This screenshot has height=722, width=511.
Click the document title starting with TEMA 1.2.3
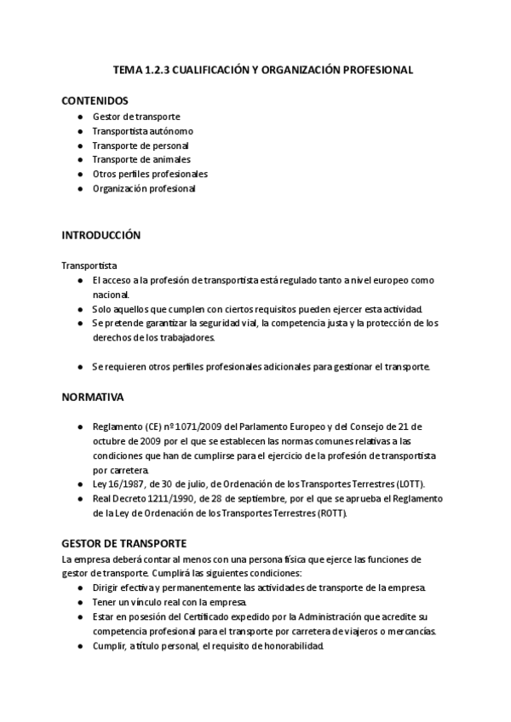pos(263,71)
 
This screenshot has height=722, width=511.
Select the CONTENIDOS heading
pos(95,100)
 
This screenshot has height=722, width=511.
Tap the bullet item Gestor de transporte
pos(136,117)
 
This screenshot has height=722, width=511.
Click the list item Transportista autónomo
pos(143,131)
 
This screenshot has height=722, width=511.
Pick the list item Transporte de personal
pos(141,146)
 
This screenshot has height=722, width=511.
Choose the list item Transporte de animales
pos(141,159)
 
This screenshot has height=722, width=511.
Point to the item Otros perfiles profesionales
pos(150,174)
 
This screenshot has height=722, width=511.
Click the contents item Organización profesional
pos(144,188)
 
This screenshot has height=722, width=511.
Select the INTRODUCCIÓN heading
pos(101,234)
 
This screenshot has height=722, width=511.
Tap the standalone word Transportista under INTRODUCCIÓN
pos(89,266)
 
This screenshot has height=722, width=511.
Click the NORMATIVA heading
pos(93,397)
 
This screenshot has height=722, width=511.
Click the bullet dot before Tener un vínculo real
pos(79,602)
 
